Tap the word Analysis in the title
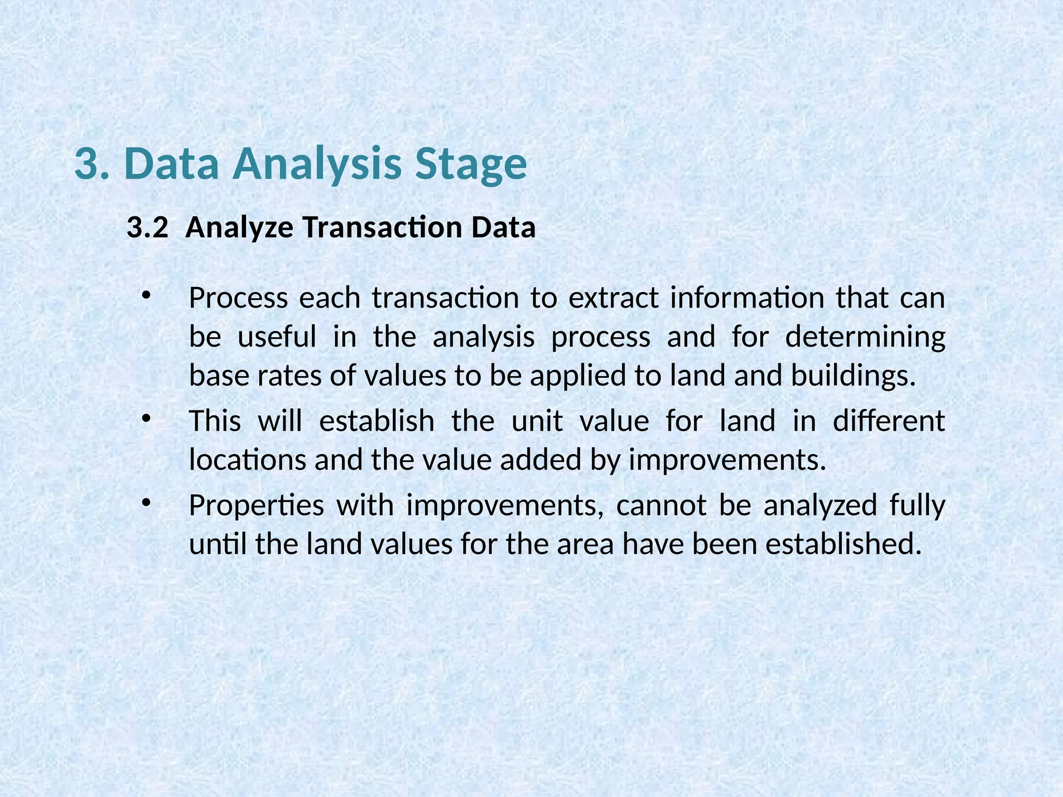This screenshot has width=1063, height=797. click(317, 164)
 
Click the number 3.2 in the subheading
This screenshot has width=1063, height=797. click(147, 228)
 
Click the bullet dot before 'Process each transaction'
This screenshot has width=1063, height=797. click(146, 295)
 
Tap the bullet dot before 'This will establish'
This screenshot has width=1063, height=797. click(146, 418)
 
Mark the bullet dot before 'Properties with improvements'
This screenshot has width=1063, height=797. click(146, 502)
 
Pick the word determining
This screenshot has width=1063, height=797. click(865, 337)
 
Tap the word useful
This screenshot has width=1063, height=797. click(277, 337)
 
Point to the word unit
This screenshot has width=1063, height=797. click(537, 421)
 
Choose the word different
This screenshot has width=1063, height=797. click(889, 421)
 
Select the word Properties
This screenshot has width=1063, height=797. click(256, 505)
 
